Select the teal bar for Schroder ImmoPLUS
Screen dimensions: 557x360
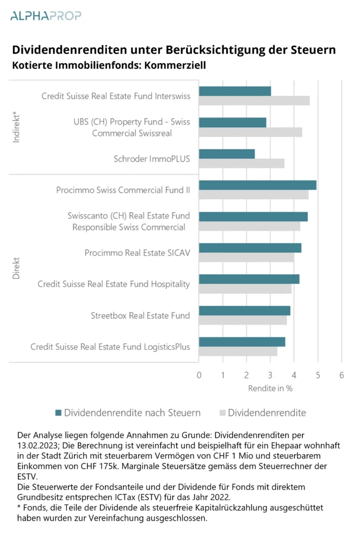(227, 154)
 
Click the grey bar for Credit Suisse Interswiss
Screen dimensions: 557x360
(254, 101)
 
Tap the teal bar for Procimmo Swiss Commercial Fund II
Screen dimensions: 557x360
(257, 185)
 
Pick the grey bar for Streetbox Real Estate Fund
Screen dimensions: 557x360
(243, 321)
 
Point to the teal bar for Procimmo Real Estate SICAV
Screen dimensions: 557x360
(250, 248)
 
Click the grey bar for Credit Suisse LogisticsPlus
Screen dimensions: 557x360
(238, 351)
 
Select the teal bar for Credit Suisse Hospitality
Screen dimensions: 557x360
(249, 280)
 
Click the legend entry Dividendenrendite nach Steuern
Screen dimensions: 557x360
(127, 412)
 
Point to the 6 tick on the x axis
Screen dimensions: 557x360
(342, 375)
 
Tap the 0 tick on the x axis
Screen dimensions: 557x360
(199, 375)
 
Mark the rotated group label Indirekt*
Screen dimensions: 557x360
(17, 127)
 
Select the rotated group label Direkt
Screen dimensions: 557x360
(17, 269)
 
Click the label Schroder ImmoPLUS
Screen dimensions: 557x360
(152, 159)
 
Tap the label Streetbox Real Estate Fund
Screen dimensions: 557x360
(140, 315)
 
